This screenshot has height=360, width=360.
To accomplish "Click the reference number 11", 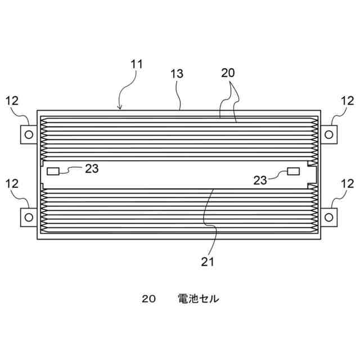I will tap(137, 64).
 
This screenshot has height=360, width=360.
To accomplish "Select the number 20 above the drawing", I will tap(228, 73).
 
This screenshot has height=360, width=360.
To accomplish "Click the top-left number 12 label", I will tap(12, 101).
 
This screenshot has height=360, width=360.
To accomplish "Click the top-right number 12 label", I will tap(347, 101).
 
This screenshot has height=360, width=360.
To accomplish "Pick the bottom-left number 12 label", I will tap(12, 183).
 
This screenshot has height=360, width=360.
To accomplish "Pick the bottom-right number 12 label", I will tap(347, 183).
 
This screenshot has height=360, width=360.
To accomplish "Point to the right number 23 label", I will tap(260, 179).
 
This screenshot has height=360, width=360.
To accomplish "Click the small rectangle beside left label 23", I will tap(53, 170).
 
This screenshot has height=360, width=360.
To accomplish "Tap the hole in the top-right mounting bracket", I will tap(331, 133).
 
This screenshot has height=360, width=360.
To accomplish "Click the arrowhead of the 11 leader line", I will tap(120, 107).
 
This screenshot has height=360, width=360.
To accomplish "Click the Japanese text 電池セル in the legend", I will tap(198, 299).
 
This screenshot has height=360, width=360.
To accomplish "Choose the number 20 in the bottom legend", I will tap(148, 299).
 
